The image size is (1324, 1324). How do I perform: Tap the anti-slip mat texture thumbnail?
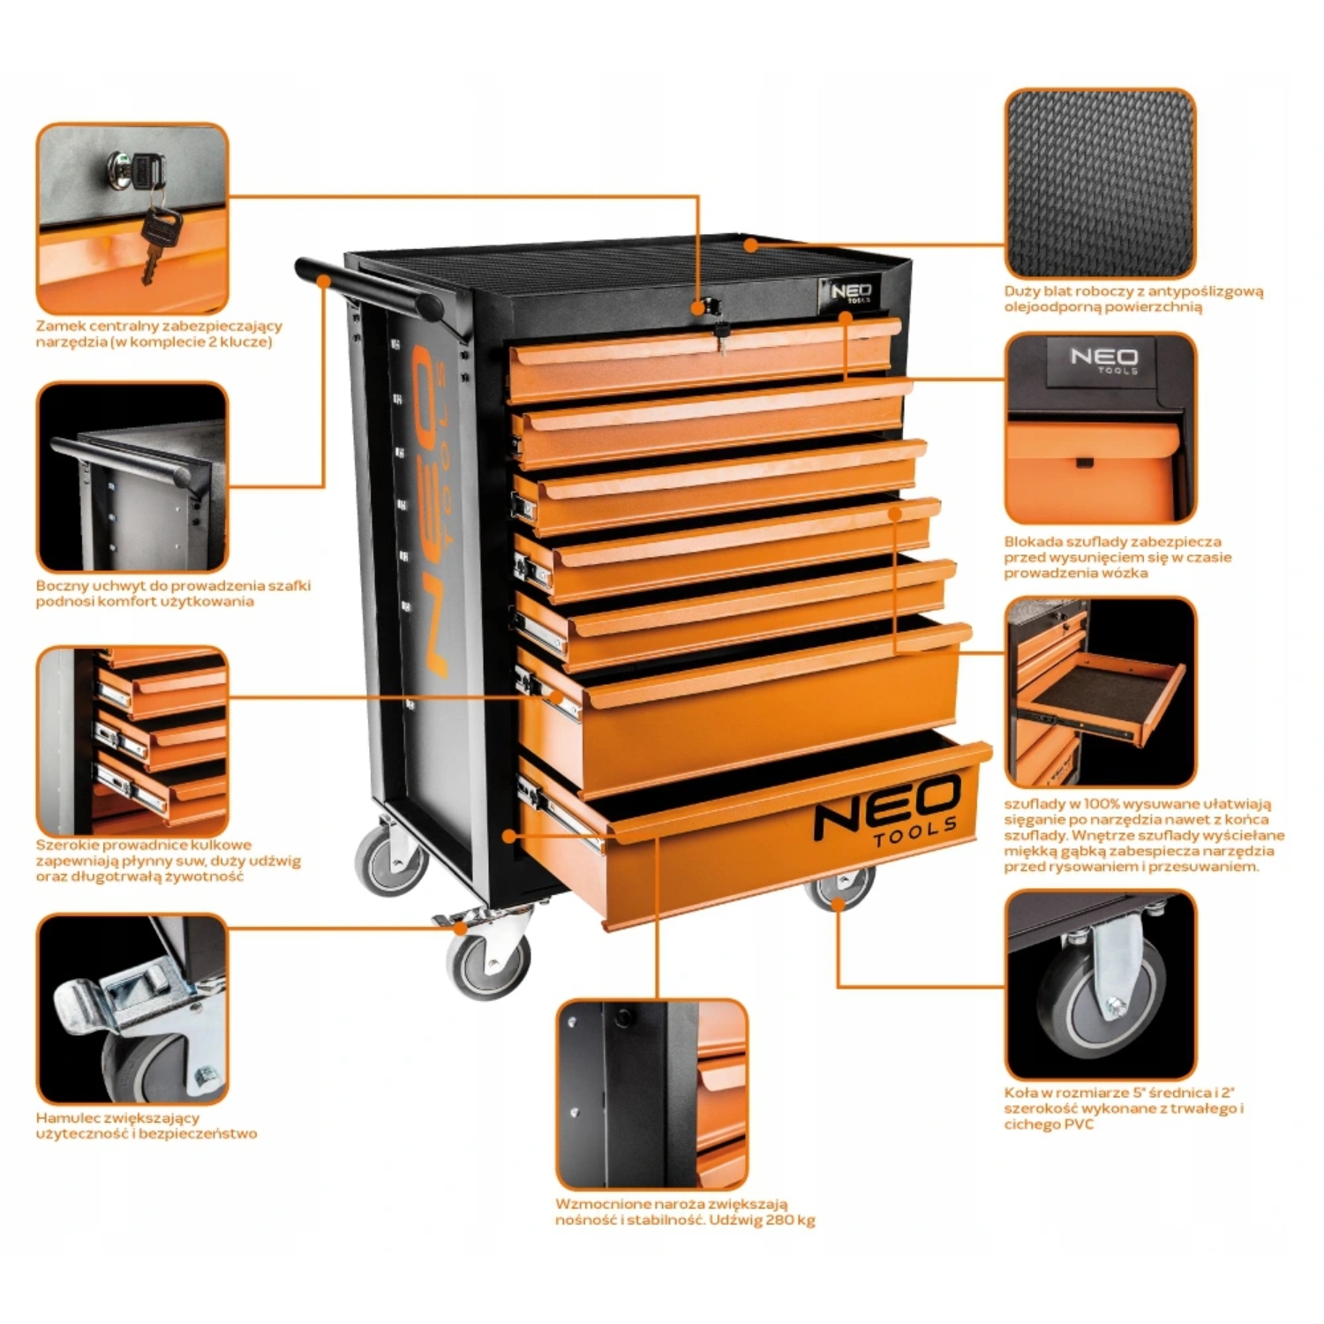[x=1101, y=183]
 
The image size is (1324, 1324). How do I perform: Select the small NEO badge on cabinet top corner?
[x=849, y=292]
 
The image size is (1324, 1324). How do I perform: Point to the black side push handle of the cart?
[x=369, y=287]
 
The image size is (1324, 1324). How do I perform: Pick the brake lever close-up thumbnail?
[x=132, y=1009]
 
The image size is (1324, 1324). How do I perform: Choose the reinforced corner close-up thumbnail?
[x=652, y=1095]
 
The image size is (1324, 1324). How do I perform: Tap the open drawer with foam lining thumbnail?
[x=1101, y=692]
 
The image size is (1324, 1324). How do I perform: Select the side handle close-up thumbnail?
[x=132, y=477]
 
